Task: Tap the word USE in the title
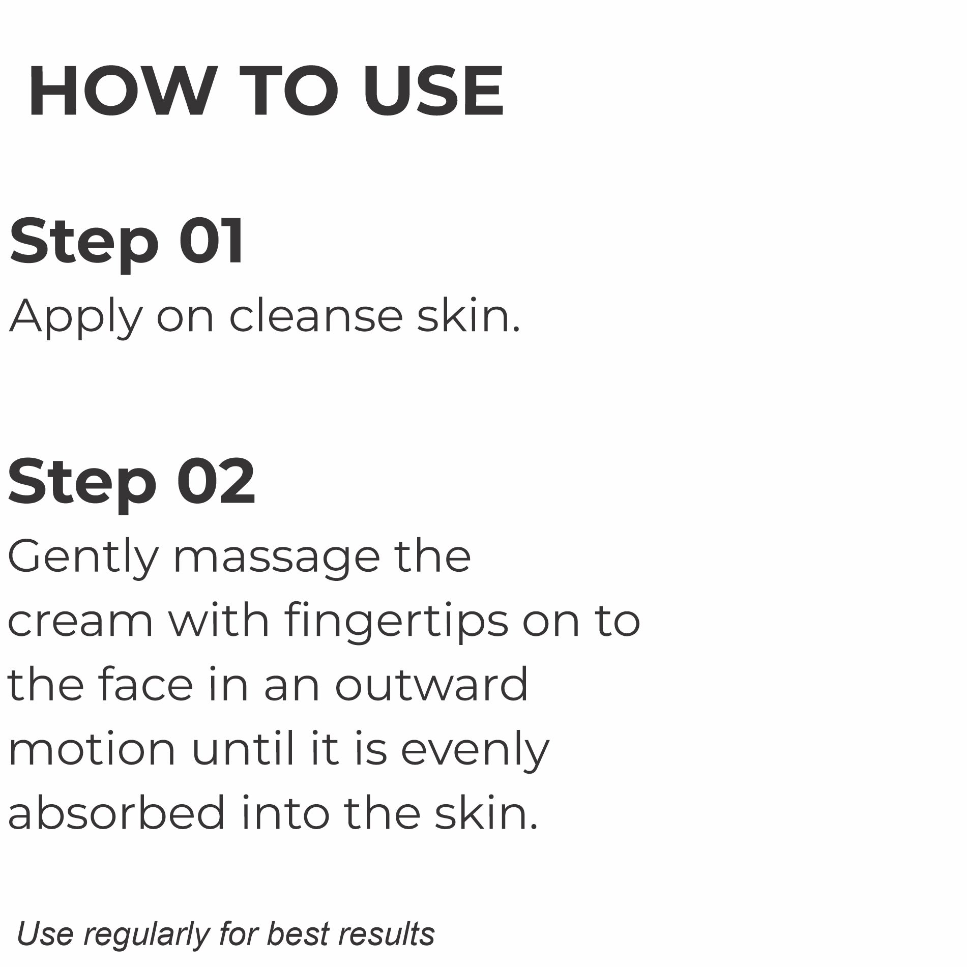pos(433,92)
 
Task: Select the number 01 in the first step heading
pos(212,241)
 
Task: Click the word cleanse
pos(316,316)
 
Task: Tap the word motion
pos(92,749)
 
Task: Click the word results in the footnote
pos(387,933)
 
